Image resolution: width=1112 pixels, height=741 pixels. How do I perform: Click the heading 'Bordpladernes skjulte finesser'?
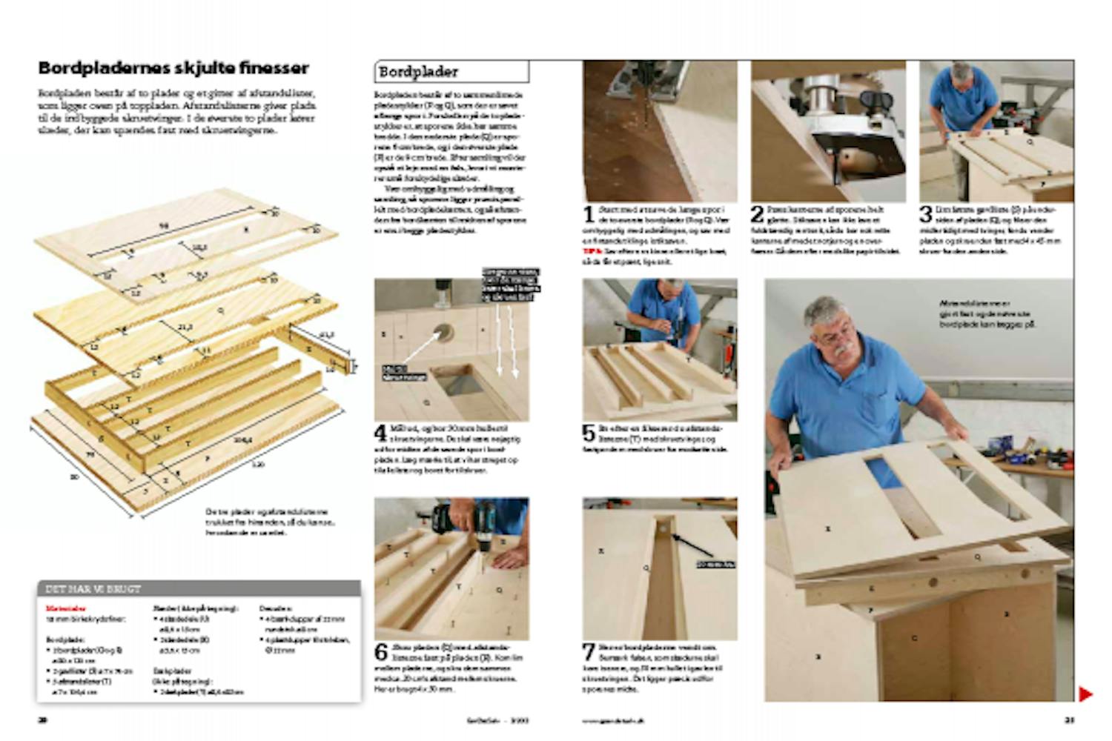(x=173, y=68)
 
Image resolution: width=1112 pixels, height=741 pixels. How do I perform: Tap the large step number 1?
(x=589, y=216)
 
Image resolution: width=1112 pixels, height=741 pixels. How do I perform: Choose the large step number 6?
(x=380, y=653)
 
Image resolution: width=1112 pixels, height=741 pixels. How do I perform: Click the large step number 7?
(x=589, y=653)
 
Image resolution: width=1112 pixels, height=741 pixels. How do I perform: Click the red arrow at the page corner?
(x=1085, y=694)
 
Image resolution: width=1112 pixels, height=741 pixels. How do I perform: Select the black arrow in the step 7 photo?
(x=693, y=545)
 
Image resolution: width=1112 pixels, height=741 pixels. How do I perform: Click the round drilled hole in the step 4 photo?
(x=446, y=331)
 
